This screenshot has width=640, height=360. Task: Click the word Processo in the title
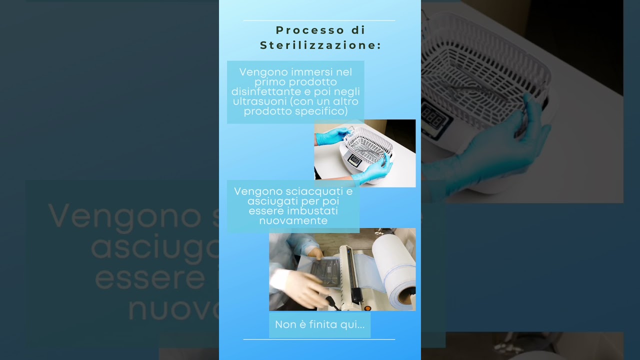click(x=310, y=30)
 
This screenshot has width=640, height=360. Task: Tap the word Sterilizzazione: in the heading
click(x=320, y=45)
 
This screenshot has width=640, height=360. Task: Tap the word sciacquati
click(x=314, y=191)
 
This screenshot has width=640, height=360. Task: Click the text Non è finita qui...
click(x=319, y=324)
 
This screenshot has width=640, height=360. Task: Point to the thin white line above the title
click(x=319, y=20)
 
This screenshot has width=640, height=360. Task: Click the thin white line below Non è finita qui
click(x=319, y=339)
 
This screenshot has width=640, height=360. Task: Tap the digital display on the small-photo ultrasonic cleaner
click(x=354, y=160)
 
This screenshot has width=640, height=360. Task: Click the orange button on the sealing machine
click(x=367, y=308)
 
